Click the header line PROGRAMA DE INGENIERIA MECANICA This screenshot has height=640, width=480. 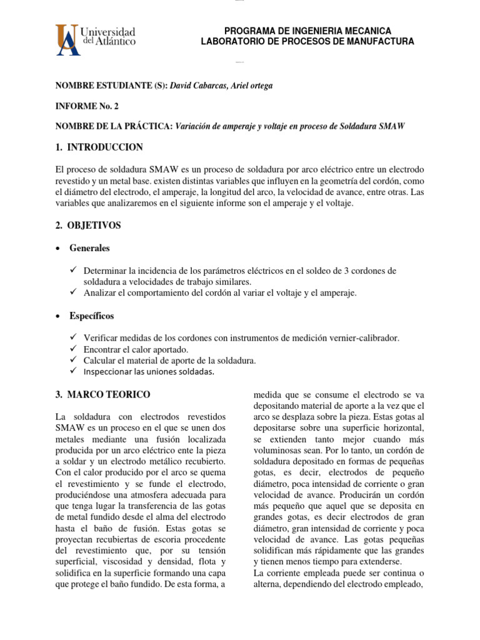pyautogui.click(x=307, y=31)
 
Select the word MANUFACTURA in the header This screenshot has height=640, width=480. pyautogui.click(x=381, y=41)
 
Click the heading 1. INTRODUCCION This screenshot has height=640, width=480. pyautogui.click(x=99, y=147)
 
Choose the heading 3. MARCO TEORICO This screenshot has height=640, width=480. pyautogui.click(x=102, y=394)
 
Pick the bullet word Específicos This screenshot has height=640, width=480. pyautogui.click(x=91, y=316)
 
